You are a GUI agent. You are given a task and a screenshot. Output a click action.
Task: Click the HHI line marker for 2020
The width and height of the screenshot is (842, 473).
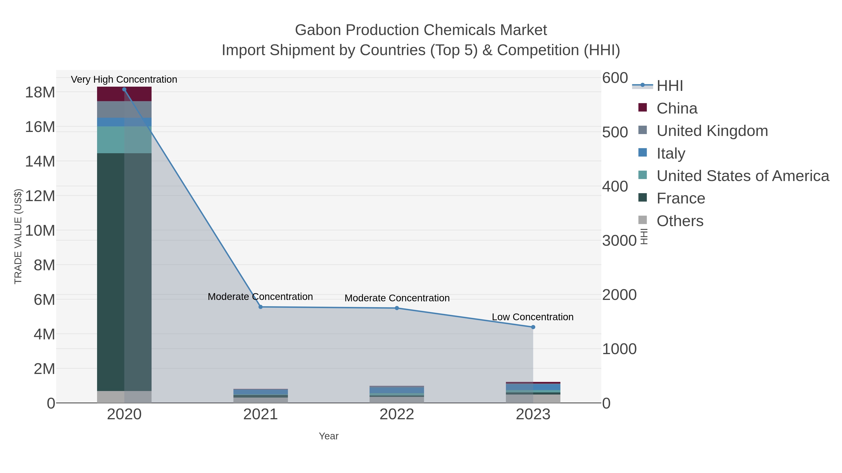(124, 89)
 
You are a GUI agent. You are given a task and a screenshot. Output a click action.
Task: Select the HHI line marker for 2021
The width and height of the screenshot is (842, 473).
(261, 307)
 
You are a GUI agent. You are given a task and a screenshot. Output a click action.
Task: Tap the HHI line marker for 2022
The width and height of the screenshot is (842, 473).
(397, 308)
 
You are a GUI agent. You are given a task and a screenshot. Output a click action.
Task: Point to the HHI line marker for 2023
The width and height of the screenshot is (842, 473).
(533, 327)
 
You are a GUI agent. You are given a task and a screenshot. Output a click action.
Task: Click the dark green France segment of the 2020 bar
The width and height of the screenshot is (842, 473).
(110, 271)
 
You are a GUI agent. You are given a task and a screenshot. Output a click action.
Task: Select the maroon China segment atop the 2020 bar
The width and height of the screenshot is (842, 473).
(110, 94)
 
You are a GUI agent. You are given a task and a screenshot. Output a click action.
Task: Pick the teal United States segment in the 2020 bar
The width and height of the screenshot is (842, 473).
(110, 140)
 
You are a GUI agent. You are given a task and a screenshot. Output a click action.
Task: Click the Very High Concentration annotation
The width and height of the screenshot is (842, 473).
(124, 79)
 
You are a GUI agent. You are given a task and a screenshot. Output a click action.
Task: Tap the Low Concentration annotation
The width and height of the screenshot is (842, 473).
(533, 317)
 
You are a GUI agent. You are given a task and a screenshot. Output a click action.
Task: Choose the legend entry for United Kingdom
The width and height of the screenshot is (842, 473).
(712, 131)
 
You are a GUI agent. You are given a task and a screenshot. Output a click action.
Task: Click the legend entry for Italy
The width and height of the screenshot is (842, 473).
(671, 153)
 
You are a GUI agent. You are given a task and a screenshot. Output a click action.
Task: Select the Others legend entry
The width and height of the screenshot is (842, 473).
(680, 221)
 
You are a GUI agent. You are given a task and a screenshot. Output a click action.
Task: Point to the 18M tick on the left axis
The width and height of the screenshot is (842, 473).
(40, 92)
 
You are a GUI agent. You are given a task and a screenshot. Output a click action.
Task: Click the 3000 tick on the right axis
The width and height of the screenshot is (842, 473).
(619, 241)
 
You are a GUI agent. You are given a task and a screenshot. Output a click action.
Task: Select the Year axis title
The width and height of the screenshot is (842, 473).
(329, 436)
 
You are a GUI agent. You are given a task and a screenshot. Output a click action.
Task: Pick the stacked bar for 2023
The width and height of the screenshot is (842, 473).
(533, 393)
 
